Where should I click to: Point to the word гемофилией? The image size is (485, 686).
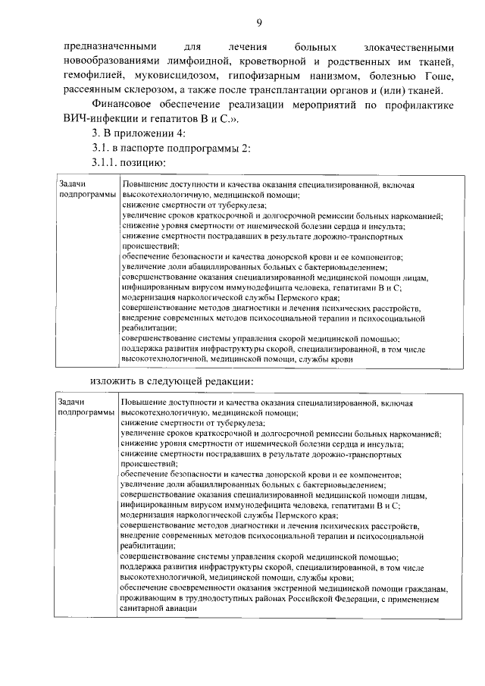(x=91, y=77)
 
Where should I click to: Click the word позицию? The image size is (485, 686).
(x=145, y=163)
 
